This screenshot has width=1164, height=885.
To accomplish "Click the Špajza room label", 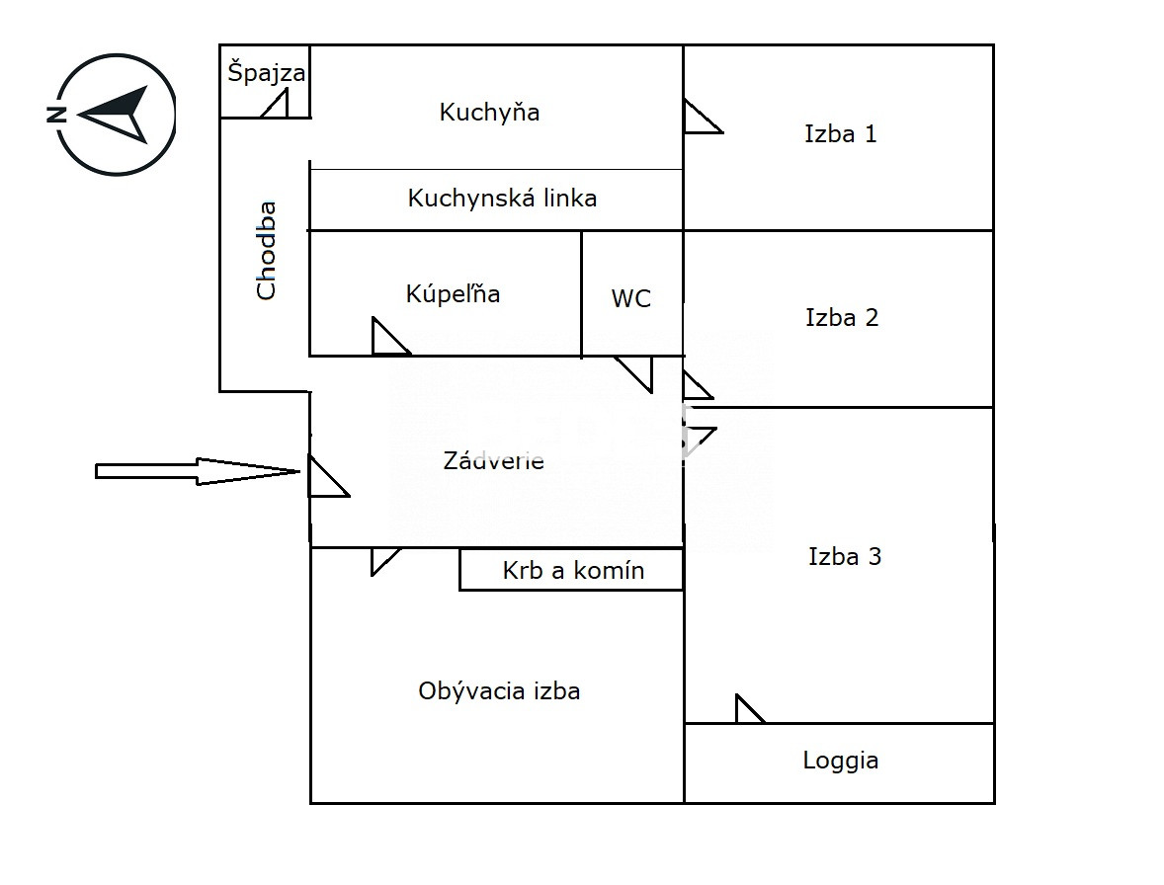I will pyautogui.click(x=266, y=73).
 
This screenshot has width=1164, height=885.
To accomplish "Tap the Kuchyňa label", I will pyautogui.click(x=489, y=112).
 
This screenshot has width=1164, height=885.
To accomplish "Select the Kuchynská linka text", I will pyautogui.click(x=502, y=199).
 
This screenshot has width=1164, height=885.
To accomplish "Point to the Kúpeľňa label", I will pyautogui.click(x=453, y=293).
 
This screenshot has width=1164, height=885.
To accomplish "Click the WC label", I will pyautogui.click(x=631, y=298).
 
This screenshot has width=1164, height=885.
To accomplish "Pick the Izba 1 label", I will pyautogui.click(x=840, y=134).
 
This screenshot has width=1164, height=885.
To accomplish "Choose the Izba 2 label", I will pyautogui.click(x=842, y=318).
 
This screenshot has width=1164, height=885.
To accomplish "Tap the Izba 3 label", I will pyautogui.click(x=844, y=557).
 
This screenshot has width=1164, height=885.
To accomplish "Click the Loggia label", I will pyautogui.click(x=840, y=761).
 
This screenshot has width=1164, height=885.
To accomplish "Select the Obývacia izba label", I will pyautogui.click(x=499, y=691).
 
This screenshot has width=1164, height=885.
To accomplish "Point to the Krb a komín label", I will pyautogui.click(x=573, y=570).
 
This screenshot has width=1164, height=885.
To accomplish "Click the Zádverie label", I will pyautogui.click(x=493, y=461).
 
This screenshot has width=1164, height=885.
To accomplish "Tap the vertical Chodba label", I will pyautogui.click(x=267, y=250).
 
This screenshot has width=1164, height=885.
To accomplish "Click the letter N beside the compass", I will pyautogui.click(x=56, y=115).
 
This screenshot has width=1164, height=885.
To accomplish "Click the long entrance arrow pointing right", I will pyautogui.click(x=198, y=471).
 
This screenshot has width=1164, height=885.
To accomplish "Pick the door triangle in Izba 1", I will pyautogui.click(x=699, y=119).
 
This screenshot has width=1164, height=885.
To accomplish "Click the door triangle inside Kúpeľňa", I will pyautogui.click(x=386, y=339).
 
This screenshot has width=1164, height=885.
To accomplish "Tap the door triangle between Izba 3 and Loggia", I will pyautogui.click(x=747, y=711).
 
